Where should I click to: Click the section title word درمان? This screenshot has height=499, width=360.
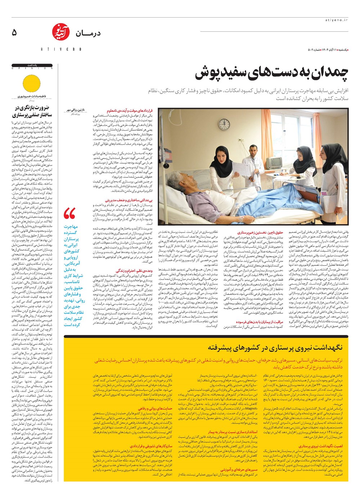(88, 33)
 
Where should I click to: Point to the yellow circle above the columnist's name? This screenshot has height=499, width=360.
(32, 83)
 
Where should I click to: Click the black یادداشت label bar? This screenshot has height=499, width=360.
(32, 65)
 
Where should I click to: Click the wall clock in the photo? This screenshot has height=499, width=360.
(224, 123)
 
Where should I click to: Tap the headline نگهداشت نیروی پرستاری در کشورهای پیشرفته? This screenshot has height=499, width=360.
(275, 348)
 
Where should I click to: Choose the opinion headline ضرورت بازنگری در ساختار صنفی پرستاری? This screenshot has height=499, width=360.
(32, 111)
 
